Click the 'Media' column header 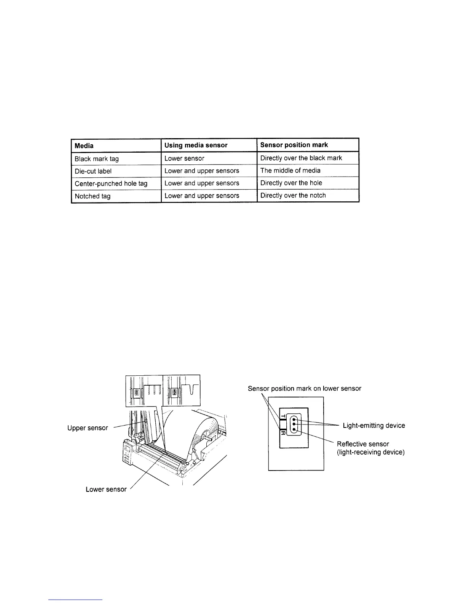(x=84, y=145)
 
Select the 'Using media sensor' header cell (x=196, y=145)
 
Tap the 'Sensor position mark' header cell (x=294, y=145)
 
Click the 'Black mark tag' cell (x=97, y=158)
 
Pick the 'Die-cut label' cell (x=93, y=171)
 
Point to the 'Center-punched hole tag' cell (x=111, y=183)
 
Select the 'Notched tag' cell (x=93, y=196)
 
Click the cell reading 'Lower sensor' (x=184, y=158)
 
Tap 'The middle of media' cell (x=290, y=171)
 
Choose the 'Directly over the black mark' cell (x=301, y=158)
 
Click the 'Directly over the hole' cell (x=291, y=183)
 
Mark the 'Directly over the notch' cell (x=293, y=196)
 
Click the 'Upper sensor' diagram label (x=88, y=428)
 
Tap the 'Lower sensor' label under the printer (x=106, y=489)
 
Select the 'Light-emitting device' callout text (x=374, y=426)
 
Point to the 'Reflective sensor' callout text (x=363, y=444)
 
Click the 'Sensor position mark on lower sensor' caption (x=304, y=389)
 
